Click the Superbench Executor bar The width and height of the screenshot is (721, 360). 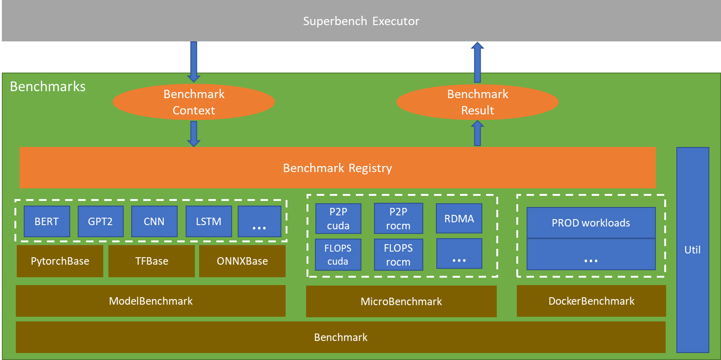point(360,21)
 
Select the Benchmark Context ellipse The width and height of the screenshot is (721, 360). point(194,102)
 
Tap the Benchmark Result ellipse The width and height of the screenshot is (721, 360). point(477,102)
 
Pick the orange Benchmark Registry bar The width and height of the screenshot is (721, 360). point(337,168)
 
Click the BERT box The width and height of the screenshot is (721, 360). point(47,221)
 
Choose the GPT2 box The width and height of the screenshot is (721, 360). point(100,221)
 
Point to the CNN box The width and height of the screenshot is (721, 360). point(154,221)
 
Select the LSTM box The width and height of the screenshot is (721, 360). point(208,221)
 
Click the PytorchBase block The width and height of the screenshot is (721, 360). point(60,261)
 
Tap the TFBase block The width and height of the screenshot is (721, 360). point(152,261)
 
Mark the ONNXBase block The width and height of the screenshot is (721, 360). point(242,261)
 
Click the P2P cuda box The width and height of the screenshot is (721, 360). point(338,219)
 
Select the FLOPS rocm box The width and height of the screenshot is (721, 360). point(398,255)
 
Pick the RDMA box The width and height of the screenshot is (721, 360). point(459,218)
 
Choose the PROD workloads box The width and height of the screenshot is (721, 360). point(591,223)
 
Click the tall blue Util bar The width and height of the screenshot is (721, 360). point(693,250)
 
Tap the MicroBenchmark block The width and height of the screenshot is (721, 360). point(401,301)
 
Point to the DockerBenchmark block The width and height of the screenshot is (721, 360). point(591,301)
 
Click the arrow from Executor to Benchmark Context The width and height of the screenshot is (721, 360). point(194,61)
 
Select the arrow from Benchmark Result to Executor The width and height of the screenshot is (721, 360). point(477,63)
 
